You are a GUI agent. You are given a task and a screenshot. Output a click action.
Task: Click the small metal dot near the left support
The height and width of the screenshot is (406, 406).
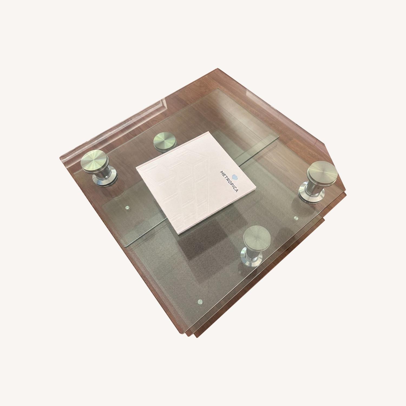127,208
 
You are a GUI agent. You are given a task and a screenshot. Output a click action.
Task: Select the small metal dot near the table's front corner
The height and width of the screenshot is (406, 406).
200,301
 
